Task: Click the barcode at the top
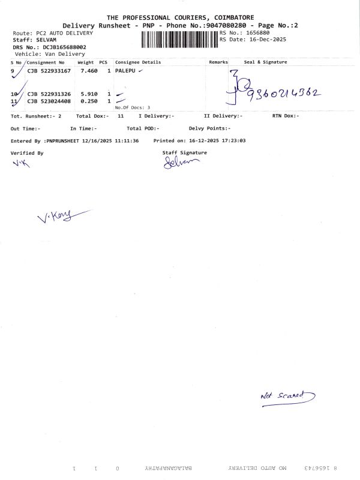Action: tap(180, 40)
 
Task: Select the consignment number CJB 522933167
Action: tap(49, 71)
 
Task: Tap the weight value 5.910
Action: tap(89, 94)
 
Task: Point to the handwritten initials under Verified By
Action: tap(20, 164)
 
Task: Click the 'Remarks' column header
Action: tap(218, 62)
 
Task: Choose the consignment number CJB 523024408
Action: tap(49, 101)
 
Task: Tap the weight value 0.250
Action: tap(89, 101)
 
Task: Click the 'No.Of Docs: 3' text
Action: tap(133, 107)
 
